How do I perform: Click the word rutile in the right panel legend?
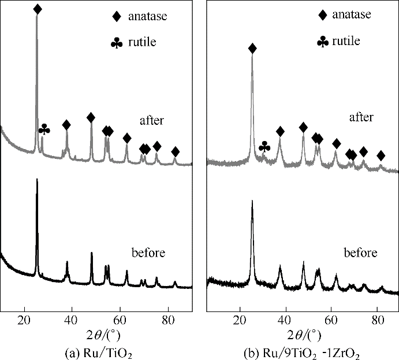(346, 41)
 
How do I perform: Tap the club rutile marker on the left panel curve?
(44, 130)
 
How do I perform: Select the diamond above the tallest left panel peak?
(38, 9)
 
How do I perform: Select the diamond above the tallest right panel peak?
(252, 48)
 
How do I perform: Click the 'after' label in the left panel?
(152, 121)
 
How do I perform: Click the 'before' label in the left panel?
(148, 253)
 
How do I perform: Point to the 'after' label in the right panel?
(361, 117)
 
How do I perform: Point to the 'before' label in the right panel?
(360, 253)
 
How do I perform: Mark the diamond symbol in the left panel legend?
(117, 17)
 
